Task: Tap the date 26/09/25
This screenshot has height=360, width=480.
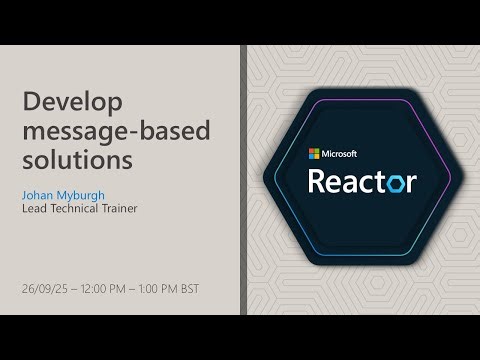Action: coord(42,289)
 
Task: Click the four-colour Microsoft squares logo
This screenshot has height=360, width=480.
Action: coord(314,153)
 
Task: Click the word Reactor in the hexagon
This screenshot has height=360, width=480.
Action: coord(361,181)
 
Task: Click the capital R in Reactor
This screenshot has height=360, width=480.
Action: coord(317,181)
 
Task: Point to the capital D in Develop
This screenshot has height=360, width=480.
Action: coord(30,103)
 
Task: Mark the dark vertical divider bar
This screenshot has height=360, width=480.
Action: coord(243,180)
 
